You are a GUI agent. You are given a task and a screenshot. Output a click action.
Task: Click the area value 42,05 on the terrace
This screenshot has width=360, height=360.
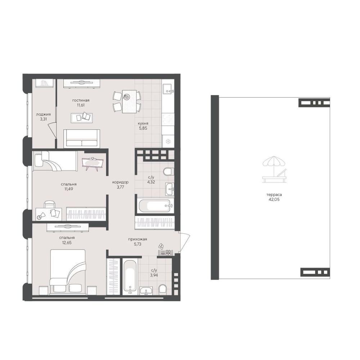(x=274, y=199)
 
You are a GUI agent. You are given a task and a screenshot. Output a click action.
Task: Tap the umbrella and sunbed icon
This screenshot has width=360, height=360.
(x=275, y=169)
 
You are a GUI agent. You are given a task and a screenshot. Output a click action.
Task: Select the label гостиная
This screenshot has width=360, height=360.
(x=81, y=100)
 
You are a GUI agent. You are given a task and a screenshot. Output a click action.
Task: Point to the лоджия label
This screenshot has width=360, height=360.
(x=43, y=114)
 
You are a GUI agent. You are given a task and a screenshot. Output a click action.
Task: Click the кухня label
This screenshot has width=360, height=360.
(x=143, y=123)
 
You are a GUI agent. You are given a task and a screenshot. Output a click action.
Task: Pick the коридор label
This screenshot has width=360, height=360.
(x=120, y=182)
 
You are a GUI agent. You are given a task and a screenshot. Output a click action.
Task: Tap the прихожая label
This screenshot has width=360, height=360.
(x=138, y=239)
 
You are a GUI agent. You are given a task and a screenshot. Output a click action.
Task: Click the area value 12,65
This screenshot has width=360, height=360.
(x=67, y=242)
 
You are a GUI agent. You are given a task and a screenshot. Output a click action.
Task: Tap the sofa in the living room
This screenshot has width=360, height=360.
(x=82, y=138)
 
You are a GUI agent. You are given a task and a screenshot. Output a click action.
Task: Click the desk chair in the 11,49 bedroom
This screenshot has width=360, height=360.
(x=49, y=205)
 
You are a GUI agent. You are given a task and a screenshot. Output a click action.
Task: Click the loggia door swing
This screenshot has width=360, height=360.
(x=52, y=130)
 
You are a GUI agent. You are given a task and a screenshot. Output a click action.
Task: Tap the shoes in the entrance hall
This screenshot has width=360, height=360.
(x=161, y=246)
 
